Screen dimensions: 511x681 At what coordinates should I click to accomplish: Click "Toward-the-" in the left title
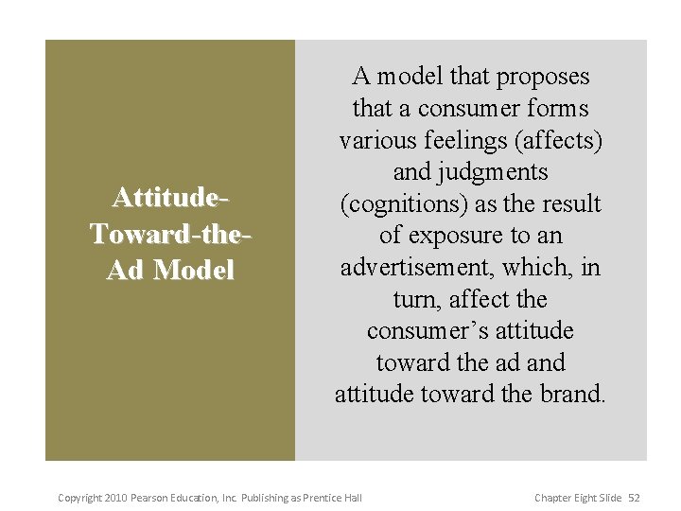[x=169, y=234]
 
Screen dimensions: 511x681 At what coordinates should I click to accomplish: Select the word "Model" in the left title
[x=194, y=270]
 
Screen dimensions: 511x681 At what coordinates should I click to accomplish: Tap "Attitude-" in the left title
[x=169, y=198]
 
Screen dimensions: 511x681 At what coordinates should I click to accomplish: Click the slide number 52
[x=635, y=498]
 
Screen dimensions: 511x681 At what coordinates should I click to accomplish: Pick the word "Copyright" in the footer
[x=79, y=498]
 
